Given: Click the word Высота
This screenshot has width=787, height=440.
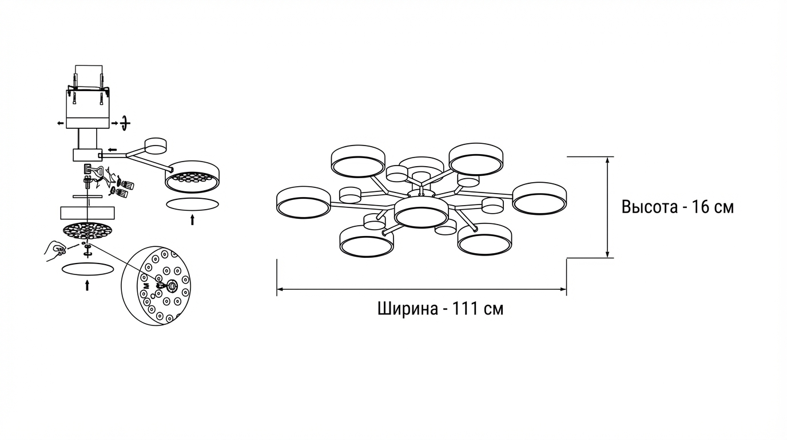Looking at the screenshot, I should (x=650, y=207).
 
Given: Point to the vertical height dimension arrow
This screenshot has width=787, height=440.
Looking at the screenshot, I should (x=607, y=207).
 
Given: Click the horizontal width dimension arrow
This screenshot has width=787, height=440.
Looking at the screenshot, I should (x=422, y=289).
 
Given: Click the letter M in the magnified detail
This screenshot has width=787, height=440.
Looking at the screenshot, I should (x=146, y=285).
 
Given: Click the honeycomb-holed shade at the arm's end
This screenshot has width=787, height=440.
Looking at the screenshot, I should (x=192, y=176).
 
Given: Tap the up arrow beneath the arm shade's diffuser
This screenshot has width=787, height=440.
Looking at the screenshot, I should (x=192, y=219).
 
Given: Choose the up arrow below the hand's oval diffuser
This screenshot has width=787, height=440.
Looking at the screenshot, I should (x=87, y=285).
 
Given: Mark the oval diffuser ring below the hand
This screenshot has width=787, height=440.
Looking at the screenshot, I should (x=87, y=269).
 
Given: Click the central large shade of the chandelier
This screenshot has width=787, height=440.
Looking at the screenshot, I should (x=421, y=213).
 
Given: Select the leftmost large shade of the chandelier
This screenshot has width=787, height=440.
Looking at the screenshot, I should (x=303, y=202).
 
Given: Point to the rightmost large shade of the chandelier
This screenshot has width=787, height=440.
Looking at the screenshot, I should (x=539, y=198).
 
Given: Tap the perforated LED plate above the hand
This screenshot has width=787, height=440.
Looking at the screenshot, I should (x=87, y=231).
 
